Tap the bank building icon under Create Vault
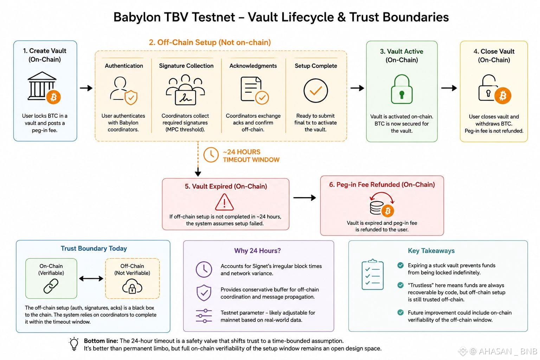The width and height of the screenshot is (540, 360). pyautogui.click(x=42, y=86)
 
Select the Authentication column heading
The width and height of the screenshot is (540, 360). pyautogui.click(x=124, y=66)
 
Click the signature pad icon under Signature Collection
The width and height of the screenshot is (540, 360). pyautogui.click(x=185, y=90)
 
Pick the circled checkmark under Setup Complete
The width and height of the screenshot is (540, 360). pyautogui.click(x=316, y=91)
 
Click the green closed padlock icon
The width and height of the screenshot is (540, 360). pyautogui.click(x=401, y=89)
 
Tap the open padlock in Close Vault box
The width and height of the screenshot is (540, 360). pyautogui.click(x=488, y=88)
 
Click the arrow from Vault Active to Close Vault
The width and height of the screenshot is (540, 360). pyautogui.click(x=449, y=88)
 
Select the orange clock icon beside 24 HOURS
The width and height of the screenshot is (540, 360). pyautogui.click(x=211, y=155)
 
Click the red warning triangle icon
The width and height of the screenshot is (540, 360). pyautogui.click(x=224, y=202)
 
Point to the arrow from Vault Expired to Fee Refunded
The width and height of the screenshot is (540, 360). pyautogui.click(x=304, y=198)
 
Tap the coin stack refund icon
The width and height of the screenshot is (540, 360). pyautogui.click(x=382, y=204)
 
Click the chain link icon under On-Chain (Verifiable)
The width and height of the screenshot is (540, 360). pyautogui.click(x=51, y=286)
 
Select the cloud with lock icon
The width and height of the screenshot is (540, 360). pyautogui.click(x=132, y=286)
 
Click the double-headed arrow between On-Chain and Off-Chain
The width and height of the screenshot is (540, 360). pyautogui.click(x=91, y=279)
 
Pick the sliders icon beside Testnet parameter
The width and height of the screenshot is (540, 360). pyautogui.click(x=204, y=316)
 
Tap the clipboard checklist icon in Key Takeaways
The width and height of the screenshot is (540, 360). pyautogui.click(x=372, y=275)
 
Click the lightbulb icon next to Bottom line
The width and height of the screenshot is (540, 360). pyautogui.click(x=74, y=344)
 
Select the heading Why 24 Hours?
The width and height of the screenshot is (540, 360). pyautogui.click(x=257, y=251)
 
